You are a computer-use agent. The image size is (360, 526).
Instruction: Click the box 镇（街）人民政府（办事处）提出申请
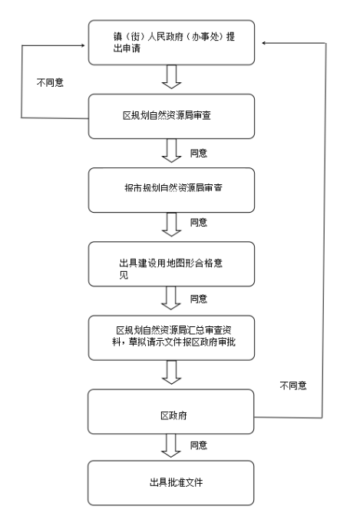pyautogui.click(x=171, y=42)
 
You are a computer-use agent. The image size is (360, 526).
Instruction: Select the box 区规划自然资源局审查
pyautogui.click(x=171, y=117)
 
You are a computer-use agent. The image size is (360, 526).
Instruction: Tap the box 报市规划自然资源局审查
pyautogui.click(x=171, y=190)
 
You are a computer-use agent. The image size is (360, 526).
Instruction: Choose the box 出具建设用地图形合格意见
pyautogui.click(x=171, y=264)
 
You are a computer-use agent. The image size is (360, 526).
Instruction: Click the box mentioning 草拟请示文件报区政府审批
pyautogui.click(x=171, y=338)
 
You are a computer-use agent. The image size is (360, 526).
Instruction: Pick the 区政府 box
pyautogui.click(x=171, y=412)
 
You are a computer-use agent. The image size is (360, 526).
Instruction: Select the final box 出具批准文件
pyautogui.click(x=171, y=483)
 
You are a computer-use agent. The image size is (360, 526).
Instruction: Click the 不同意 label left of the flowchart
pyautogui.click(x=50, y=82)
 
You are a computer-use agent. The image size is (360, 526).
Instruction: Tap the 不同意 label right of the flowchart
pyautogui.click(x=293, y=385)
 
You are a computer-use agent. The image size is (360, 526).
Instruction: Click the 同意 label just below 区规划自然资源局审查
pyautogui.click(x=199, y=154)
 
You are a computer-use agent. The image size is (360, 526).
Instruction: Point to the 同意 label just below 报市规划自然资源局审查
pyautogui.click(x=199, y=222)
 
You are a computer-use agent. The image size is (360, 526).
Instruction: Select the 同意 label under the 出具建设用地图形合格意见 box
pyautogui.click(x=199, y=299)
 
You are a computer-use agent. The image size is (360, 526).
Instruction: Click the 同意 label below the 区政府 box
pyautogui.click(x=199, y=445)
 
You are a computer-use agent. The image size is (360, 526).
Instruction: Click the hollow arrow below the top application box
pyautogui.click(x=172, y=77)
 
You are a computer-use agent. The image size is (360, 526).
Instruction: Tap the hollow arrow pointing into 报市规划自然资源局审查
pyautogui.click(x=172, y=151)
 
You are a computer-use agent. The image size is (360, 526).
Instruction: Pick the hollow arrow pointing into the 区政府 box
pyautogui.click(x=172, y=372)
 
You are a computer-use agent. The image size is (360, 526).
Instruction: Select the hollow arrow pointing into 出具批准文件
pyautogui.click(x=171, y=445)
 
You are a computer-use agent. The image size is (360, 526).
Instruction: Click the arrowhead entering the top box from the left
pyautogui.click(x=83, y=45)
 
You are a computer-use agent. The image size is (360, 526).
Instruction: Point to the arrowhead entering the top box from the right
pyautogui.click(x=264, y=43)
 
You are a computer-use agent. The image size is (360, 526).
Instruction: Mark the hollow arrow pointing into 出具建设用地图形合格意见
pyautogui.click(x=172, y=224)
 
